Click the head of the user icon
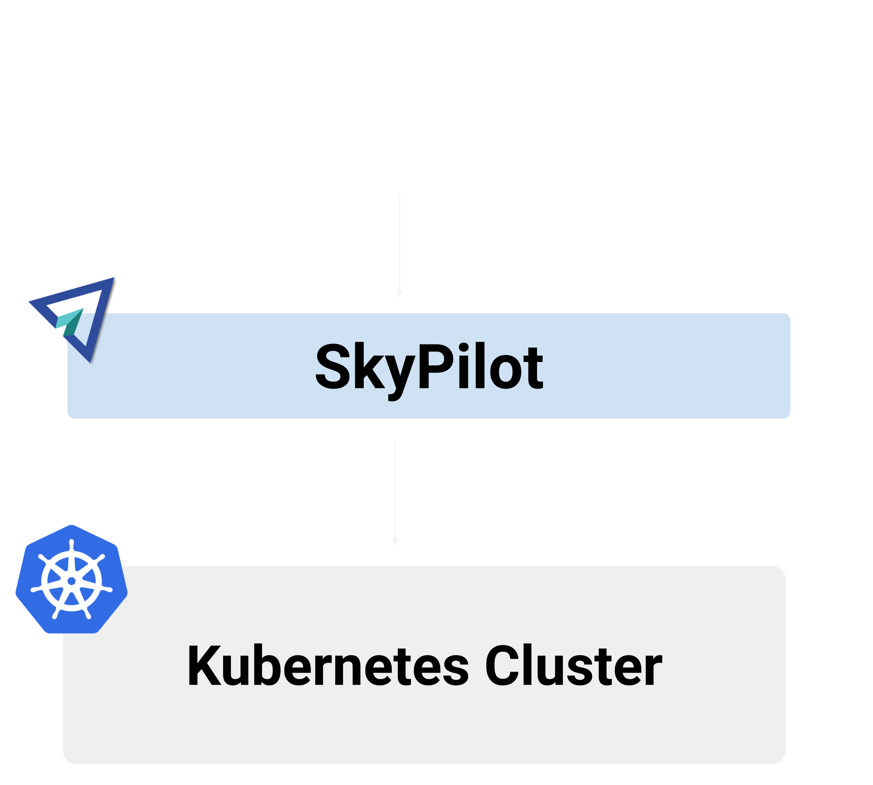[x=401, y=65]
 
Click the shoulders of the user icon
[x=401, y=151]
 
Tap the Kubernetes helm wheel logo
[x=72, y=580]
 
